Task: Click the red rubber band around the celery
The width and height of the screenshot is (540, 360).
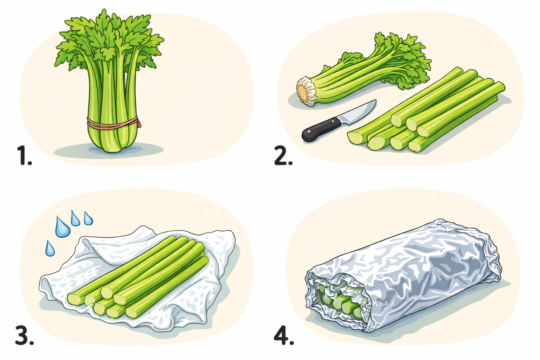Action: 113,123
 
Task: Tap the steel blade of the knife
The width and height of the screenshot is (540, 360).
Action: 357,113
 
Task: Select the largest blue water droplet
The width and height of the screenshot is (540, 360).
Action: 63,227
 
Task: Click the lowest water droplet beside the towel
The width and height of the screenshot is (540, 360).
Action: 50,249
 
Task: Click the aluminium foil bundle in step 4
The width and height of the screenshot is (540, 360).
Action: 403,275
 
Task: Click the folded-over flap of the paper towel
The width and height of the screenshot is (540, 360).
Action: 116,244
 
